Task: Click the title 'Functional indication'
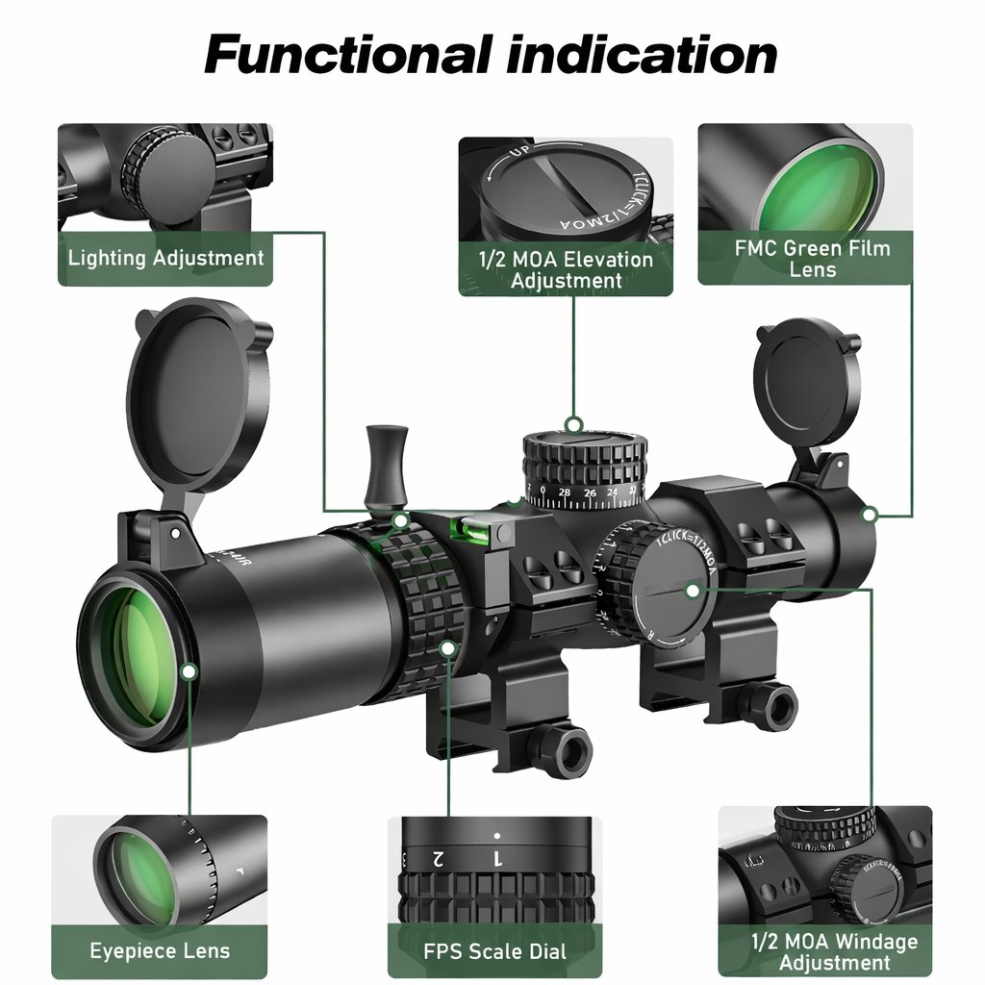[491, 54]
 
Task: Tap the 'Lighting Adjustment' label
[165, 258]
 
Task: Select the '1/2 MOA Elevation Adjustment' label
[566, 270]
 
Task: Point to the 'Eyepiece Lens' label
[160, 951]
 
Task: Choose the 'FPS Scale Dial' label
[495, 952]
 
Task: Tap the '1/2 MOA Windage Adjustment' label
[834, 952]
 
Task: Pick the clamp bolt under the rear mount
[773, 705]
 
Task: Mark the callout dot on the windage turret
[692, 589]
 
